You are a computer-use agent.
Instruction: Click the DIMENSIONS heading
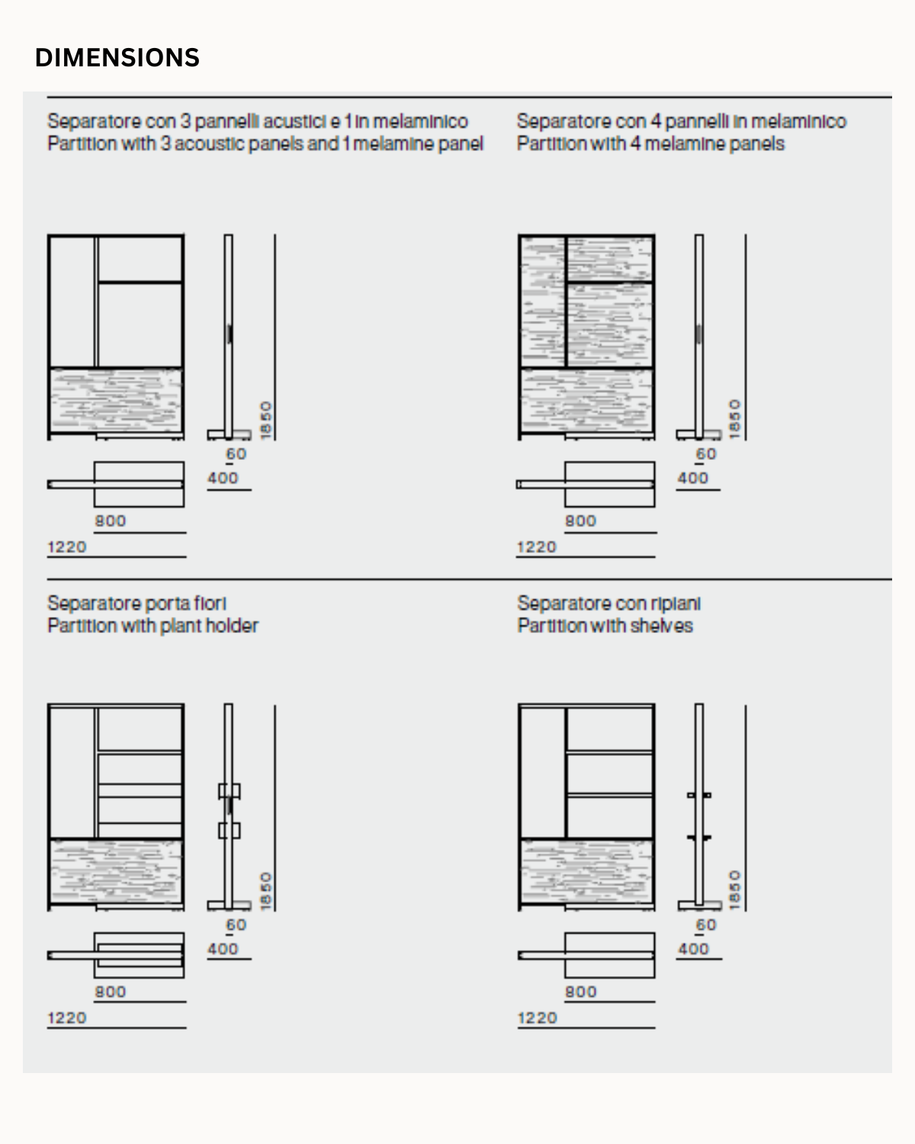tap(117, 58)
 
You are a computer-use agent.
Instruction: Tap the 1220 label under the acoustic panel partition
tap(67, 547)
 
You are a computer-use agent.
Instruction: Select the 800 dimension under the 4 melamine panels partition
tap(580, 521)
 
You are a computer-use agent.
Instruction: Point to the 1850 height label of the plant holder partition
tap(265, 890)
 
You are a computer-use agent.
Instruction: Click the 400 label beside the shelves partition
tap(693, 949)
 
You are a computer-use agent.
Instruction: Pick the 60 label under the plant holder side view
tap(236, 924)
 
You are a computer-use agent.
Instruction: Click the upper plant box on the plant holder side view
tap(229, 790)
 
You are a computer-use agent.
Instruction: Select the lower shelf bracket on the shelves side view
tap(698, 837)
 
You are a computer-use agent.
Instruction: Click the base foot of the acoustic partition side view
tap(229, 434)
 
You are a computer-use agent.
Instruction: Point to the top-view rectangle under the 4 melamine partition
tap(609, 484)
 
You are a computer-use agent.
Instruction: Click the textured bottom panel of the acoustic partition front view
tap(116, 400)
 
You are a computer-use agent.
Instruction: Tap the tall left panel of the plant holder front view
tap(72, 770)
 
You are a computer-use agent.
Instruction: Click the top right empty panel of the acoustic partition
tap(140, 259)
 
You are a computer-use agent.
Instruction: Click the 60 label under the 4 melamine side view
tap(706, 454)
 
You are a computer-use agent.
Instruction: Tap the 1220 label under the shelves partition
tap(538, 1018)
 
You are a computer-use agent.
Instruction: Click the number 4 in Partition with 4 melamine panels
tap(634, 143)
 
